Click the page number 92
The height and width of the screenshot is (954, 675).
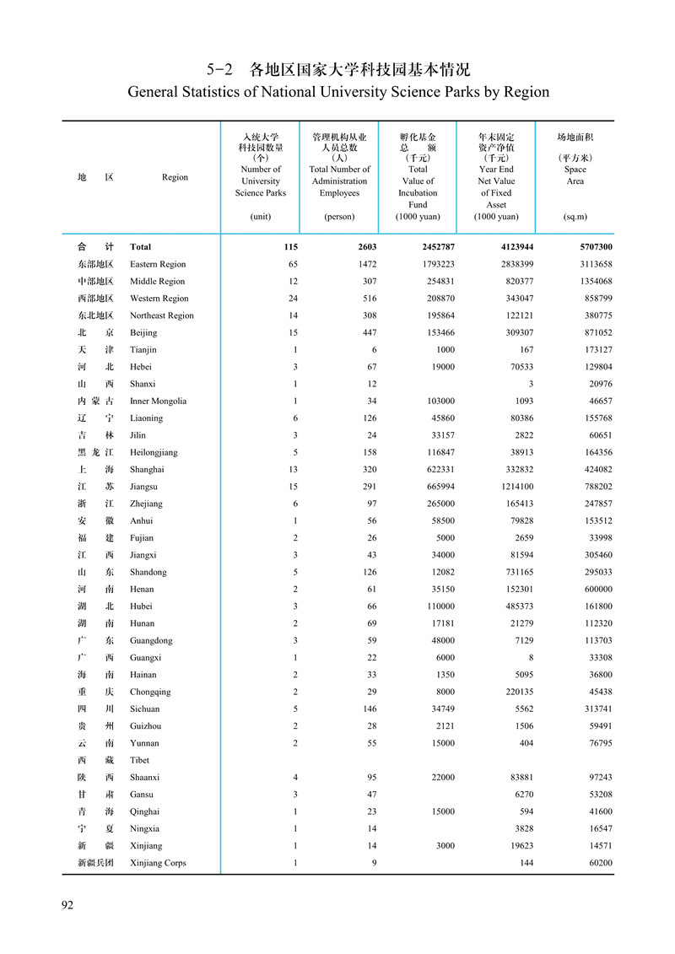pos(67,905)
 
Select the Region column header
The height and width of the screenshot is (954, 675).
pos(175,177)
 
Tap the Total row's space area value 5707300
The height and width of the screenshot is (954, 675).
pos(591,247)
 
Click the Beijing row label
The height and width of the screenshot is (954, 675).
pos(143,332)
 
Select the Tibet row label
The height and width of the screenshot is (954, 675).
pos(140,760)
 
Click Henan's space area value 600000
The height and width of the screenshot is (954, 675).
pos(593,589)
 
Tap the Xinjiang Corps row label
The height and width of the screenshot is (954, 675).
pos(158,863)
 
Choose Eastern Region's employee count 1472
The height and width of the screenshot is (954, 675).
pos(364,264)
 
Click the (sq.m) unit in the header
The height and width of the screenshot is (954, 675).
pos(575,217)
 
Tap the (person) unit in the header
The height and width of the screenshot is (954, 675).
pos(339,217)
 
